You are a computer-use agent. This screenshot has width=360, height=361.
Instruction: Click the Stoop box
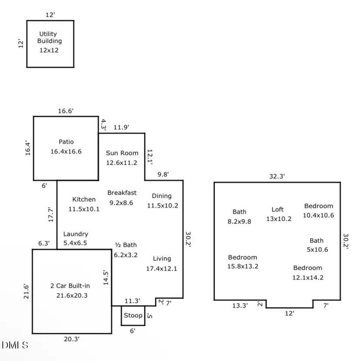click(x=133, y=315)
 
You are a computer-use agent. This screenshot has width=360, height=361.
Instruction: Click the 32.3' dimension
click(x=276, y=176)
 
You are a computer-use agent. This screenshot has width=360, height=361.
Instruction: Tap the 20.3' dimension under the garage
click(x=72, y=339)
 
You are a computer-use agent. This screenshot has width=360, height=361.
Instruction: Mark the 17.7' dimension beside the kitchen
click(x=51, y=215)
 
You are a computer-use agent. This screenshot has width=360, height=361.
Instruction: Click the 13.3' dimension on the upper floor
click(x=240, y=306)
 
